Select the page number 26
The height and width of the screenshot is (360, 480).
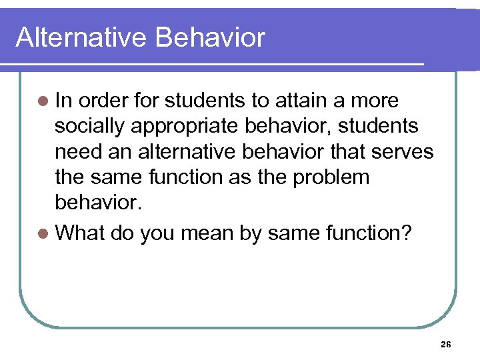[446, 344]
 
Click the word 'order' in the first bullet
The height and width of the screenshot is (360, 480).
[105, 101]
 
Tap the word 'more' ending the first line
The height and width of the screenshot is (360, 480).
[373, 101]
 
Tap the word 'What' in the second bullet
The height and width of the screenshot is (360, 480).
[80, 233]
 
